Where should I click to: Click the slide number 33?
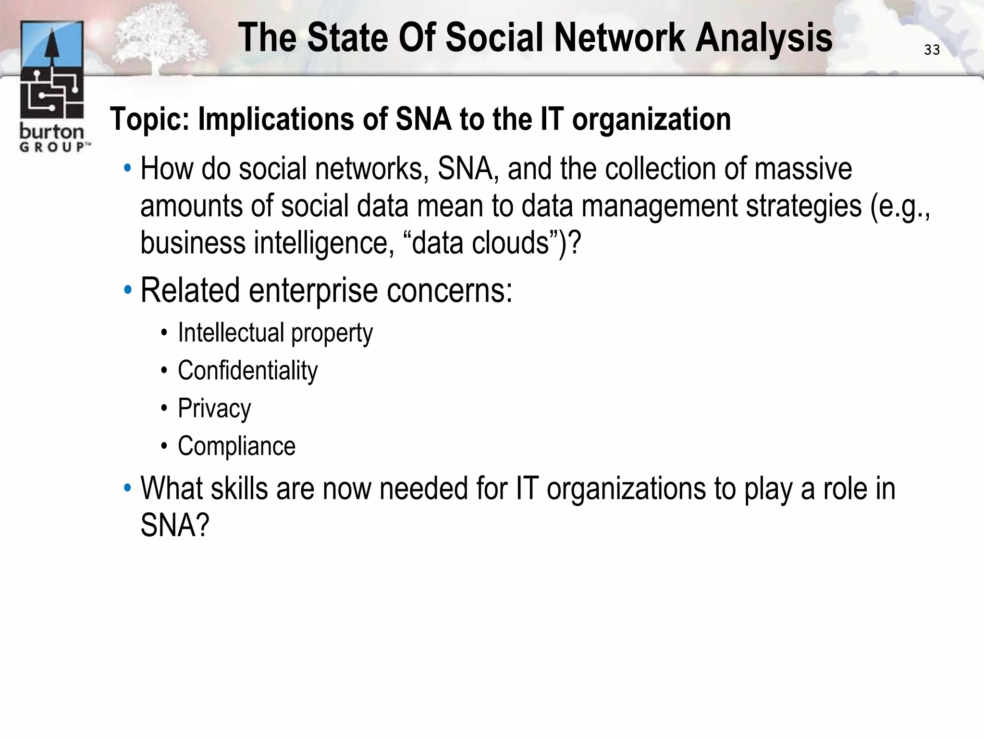click(x=932, y=50)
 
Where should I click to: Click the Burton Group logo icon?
click(x=52, y=70)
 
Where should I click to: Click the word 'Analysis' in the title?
click(x=764, y=38)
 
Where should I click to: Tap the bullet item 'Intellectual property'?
click(x=275, y=333)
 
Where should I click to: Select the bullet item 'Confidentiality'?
click(x=247, y=370)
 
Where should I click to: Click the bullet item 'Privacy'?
click(x=214, y=408)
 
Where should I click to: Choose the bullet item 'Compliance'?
click(x=236, y=446)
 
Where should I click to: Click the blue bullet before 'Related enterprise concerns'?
click(x=127, y=290)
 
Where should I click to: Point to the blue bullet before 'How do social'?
click(x=127, y=169)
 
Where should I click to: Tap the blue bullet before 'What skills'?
click(x=127, y=488)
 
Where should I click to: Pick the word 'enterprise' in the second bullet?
click(x=313, y=290)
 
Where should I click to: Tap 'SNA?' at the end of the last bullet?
click(x=175, y=525)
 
